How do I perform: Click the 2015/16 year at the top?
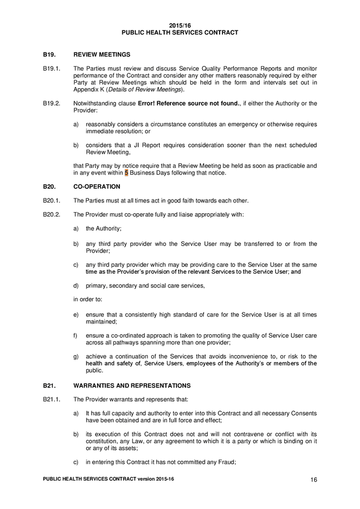click(179, 26)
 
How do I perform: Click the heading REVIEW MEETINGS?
click(102, 54)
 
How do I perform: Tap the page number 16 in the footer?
click(313, 480)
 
